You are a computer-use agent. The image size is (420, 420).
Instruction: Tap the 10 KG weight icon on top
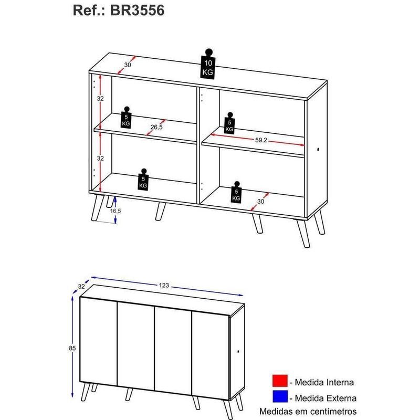pos(208,66)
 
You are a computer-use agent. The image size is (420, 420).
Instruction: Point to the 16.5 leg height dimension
pos(114,211)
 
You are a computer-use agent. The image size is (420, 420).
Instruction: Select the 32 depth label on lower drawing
pos(81,287)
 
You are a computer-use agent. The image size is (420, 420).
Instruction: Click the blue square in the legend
pos(281,398)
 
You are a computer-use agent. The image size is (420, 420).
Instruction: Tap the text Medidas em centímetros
pos(309,411)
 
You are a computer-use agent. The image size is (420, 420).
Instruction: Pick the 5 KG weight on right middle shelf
pos(229,123)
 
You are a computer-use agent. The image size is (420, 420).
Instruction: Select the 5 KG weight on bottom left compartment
pos(143,180)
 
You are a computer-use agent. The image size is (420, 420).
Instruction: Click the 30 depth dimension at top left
pos(127,65)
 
